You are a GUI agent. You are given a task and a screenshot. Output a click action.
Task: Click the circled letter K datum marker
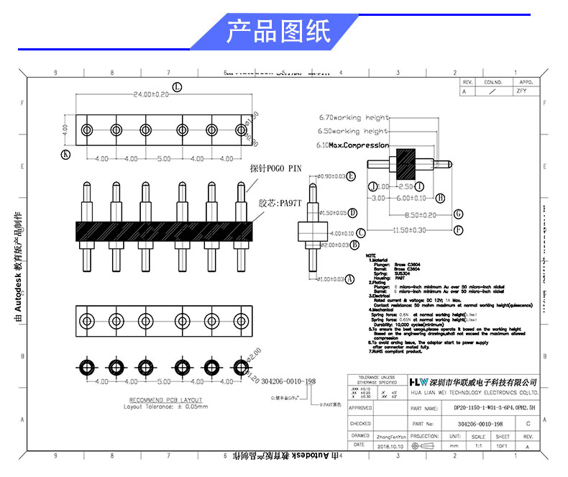pyautogui.click(x=66, y=154)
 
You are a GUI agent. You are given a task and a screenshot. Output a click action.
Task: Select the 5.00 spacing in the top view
pyautogui.click(x=163, y=158)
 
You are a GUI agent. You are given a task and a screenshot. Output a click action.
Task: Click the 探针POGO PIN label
pyautogui.click(x=276, y=169)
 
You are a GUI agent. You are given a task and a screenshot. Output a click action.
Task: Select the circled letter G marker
pyautogui.click(x=458, y=214)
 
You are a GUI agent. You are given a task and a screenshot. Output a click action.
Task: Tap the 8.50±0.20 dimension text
pyautogui.click(x=420, y=214)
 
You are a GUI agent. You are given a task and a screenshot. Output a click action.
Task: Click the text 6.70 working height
pyautogui.click(x=354, y=117)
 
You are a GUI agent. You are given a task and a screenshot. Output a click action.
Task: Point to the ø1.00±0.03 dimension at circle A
pyautogui.click(x=331, y=278)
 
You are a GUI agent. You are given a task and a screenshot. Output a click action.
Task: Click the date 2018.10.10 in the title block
pyautogui.click(x=392, y=446)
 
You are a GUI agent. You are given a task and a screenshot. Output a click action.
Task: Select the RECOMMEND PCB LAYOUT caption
pyautogui.click(x=165, y=400)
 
